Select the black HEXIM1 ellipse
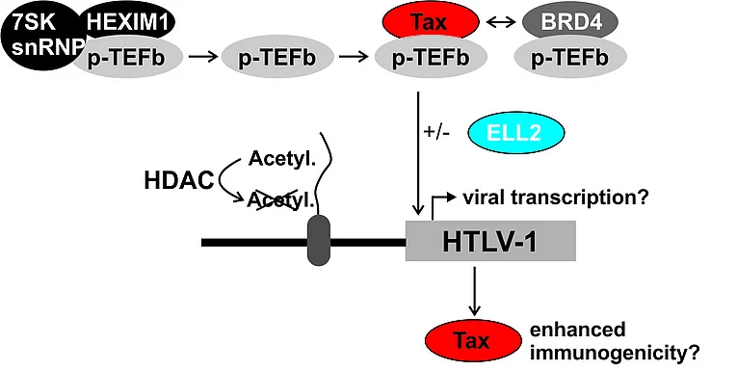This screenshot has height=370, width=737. coord(128,22)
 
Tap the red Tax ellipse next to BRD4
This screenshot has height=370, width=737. coord(431,23)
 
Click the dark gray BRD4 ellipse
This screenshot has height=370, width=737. coord(570,22)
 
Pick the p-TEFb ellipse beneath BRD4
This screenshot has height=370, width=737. coord(570,59)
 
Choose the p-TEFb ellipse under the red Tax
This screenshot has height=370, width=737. coord(431,59)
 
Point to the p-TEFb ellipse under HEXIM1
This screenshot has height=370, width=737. coord(127,59)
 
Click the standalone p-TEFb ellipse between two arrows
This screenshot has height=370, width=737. coord(277,59)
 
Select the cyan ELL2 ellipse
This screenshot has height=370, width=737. coord(516,133)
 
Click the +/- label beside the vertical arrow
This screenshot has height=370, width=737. coord(436,132)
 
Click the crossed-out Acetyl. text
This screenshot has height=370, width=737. coord(280,201)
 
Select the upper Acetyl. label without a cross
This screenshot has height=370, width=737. coord(281,161)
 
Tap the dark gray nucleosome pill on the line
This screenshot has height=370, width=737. coord(319,241)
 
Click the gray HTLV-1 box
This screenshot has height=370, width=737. coord(490,241)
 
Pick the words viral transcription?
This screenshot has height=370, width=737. coord(556,198)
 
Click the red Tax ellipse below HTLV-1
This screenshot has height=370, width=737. coord(473,340)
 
